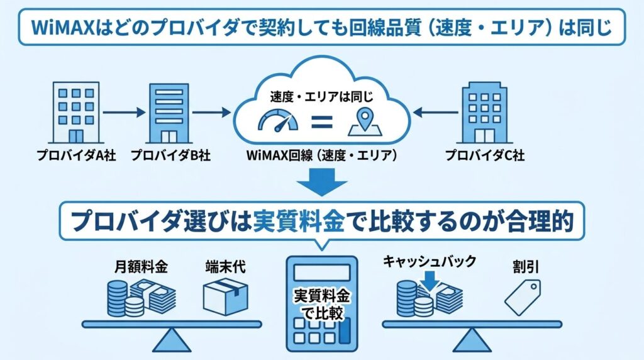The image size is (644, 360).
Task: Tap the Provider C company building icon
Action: click(x=483, y=113)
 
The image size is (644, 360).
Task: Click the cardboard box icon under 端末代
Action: click(x=225, y=297)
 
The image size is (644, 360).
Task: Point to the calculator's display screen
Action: click(x=321, y=271)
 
